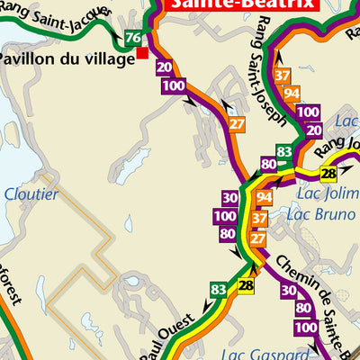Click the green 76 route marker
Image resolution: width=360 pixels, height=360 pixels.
133,38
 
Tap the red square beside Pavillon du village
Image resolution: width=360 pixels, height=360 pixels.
142,54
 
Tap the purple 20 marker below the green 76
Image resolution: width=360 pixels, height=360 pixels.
163,67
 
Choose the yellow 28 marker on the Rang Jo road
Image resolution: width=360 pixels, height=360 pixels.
328,174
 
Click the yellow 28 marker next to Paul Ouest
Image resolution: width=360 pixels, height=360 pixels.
247,286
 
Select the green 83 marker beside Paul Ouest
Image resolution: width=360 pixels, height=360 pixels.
218,289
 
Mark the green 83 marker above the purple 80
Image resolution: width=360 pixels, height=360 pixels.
284,151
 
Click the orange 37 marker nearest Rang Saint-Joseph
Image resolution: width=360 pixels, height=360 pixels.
283,76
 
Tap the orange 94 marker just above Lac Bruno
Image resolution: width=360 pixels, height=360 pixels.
264,198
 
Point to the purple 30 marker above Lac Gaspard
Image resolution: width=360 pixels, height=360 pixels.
288,291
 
